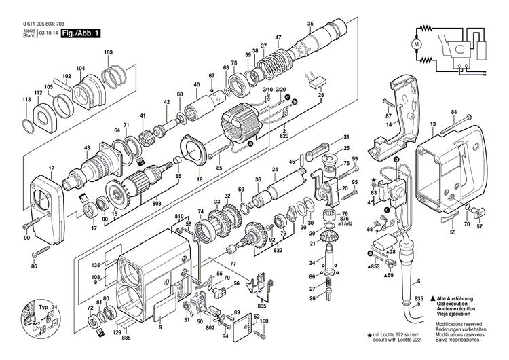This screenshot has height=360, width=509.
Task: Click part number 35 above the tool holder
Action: pos(310,24)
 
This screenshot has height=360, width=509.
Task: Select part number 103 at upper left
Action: pos(108,52)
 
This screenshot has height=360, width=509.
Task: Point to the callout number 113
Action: pos(26,100)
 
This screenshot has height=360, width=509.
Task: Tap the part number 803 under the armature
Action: pos(157,203)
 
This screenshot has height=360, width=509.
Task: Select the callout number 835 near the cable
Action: pos(419,299)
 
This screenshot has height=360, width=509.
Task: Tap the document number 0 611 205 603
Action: pos(39,23)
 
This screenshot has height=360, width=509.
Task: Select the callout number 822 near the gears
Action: pos(277,250)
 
